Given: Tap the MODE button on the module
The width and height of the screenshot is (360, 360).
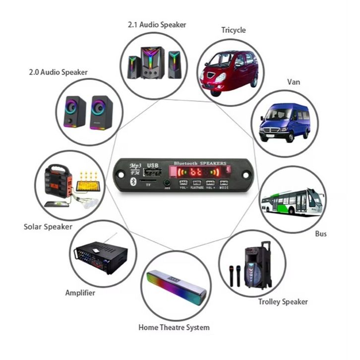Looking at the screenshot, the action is point(224,183).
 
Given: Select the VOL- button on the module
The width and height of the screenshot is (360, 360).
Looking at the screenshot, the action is point(183,183).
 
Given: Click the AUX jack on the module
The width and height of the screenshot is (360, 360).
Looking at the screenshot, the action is point(167,183).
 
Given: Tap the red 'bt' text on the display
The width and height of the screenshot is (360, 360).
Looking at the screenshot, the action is point(197,173).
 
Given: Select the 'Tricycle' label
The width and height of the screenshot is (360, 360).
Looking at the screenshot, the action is point(233,30).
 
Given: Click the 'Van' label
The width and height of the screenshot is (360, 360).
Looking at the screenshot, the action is point(294,82).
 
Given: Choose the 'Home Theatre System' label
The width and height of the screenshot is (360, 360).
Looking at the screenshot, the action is point(174,327).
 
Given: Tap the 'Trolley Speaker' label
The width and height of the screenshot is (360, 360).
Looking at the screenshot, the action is point(283,301).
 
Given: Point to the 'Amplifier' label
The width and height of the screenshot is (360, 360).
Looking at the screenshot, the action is point(80,293).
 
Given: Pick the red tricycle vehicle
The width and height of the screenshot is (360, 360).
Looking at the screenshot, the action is point(228,70).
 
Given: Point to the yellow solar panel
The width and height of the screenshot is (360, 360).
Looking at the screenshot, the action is point(89,185).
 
